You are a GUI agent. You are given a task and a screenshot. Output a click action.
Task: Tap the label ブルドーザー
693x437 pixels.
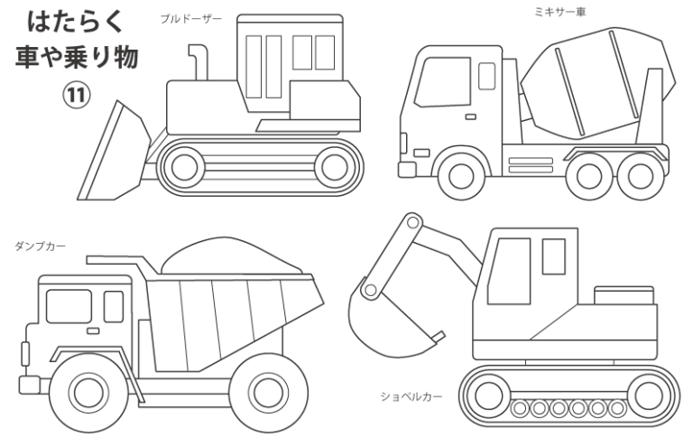pos(190,18)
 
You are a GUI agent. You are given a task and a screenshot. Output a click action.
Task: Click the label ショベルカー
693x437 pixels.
pos(411,395)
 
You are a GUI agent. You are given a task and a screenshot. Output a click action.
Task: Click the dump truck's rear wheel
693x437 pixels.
pos(268,390)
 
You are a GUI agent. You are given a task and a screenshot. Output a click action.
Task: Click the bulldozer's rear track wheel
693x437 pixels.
pos(335,165)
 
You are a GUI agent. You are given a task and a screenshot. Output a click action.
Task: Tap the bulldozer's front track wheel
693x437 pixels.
pos(187,165)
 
